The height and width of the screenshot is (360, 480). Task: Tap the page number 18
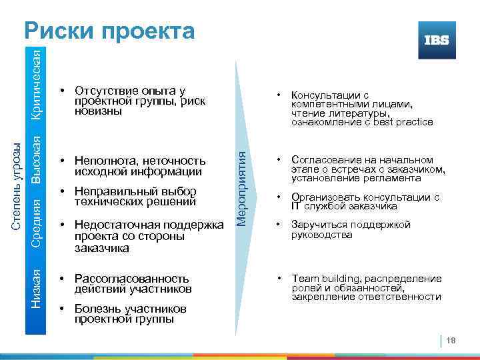pyautogui.click(x=451, y=341)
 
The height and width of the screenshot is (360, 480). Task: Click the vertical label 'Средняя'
pyautogui.click(x=39, y=223)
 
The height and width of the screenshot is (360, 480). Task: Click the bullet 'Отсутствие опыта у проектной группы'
pyautogui.click(x=140, y=101)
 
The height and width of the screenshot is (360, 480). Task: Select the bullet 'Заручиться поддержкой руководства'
pyautogui.click(x=351, y=229)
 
